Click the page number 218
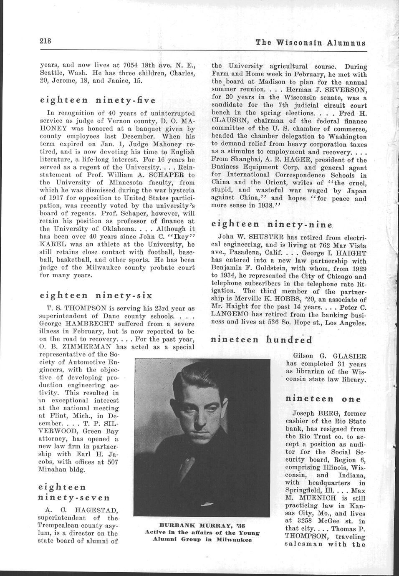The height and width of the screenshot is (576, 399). click(x=45, y=41)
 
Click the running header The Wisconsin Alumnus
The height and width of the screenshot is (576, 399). click(x=311, y=43)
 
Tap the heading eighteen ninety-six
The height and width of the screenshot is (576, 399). click(x=96, y=296)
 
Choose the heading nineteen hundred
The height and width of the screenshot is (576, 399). click(x=262, y=339)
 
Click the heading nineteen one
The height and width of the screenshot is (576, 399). click(x=323, y=399)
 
